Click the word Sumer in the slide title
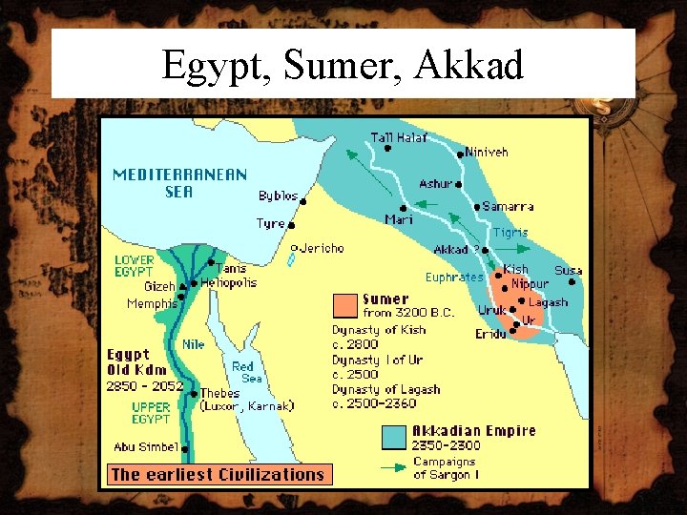(330, 65)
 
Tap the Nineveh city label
(487, 152)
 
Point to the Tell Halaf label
(398, 137)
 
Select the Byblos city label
(278, 196)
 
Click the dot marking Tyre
(291, 226)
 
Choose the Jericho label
(321, 248)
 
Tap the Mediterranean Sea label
(179, 183)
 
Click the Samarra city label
(508, 206)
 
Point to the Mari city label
(398, 220)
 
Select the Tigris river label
(510, 232)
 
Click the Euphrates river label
(454, 278)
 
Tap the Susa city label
(568, 271)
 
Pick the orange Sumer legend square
(344, 305)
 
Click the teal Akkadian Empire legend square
(393, 438)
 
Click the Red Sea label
(244, 372)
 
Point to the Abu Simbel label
(145, 446)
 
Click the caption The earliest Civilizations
(218, 474)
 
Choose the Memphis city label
(152, 303)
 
